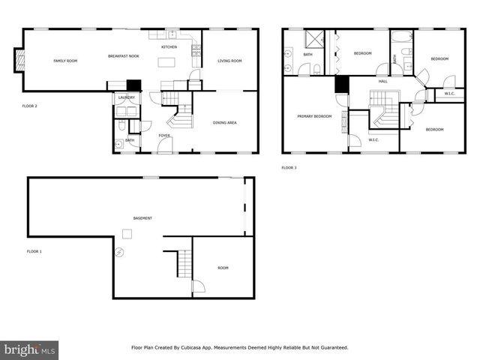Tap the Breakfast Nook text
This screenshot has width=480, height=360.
(x=123, y=57)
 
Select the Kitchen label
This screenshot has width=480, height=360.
(x=169, y=47)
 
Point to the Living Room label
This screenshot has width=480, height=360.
(x=229, y=61)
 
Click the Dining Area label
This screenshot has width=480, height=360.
(x=225, y=121)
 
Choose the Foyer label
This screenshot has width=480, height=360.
(x=163, y=135)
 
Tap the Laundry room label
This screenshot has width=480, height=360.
(x=126, y=97)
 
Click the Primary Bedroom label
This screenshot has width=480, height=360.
(x=314, y=116)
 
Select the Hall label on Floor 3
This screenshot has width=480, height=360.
(x=382, y=81)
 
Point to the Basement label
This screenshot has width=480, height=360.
(x=142, y=218)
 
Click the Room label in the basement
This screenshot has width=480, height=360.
(x=223, y=268)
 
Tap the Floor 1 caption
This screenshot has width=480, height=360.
(x=34, y=251)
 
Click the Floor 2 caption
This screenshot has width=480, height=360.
(x=29, y=106)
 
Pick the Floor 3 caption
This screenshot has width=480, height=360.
(x=289, y=167)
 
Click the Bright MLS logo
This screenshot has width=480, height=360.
(x=30, y=349)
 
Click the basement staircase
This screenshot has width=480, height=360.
(x=183, y=263)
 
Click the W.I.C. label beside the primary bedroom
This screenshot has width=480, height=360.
(x=373, y=139)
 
